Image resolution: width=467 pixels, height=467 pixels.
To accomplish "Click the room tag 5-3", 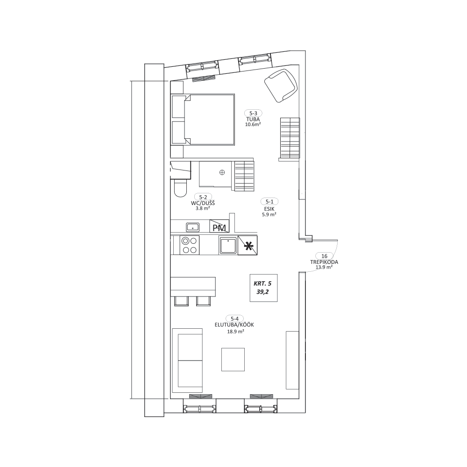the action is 253,113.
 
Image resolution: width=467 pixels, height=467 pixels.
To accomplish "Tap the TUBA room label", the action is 253,120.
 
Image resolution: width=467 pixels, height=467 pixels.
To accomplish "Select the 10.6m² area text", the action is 253,125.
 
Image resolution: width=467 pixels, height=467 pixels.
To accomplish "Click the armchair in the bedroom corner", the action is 281,85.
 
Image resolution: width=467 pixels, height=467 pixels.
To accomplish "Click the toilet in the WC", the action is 180,188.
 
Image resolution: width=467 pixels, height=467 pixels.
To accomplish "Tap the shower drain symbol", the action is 222,172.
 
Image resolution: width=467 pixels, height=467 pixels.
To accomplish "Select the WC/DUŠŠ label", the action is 203,203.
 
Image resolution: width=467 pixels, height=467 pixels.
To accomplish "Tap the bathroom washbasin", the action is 193,227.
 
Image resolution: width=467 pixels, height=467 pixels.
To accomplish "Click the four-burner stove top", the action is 190,245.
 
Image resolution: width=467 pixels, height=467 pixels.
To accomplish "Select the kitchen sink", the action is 228,246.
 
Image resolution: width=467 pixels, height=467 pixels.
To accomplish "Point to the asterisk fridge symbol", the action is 248,246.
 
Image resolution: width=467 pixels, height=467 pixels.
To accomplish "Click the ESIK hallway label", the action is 269,209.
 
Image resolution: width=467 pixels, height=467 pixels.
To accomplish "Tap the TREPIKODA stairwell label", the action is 324,262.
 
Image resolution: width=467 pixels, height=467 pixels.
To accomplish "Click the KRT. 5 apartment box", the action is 263,288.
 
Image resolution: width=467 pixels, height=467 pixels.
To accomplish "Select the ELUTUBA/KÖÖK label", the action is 234,325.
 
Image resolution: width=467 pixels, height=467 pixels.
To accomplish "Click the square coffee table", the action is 233,360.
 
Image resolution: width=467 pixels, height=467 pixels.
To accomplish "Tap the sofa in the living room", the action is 188,361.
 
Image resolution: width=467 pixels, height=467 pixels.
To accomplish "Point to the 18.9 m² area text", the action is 235,332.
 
